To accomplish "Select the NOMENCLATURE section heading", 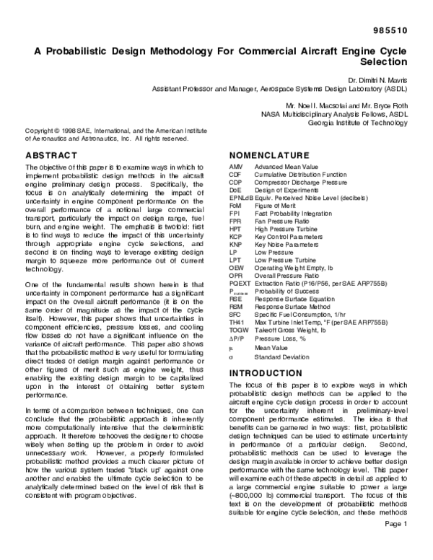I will [268, 156].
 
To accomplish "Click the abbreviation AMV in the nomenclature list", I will [235, 167].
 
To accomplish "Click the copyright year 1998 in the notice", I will [58, 131].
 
